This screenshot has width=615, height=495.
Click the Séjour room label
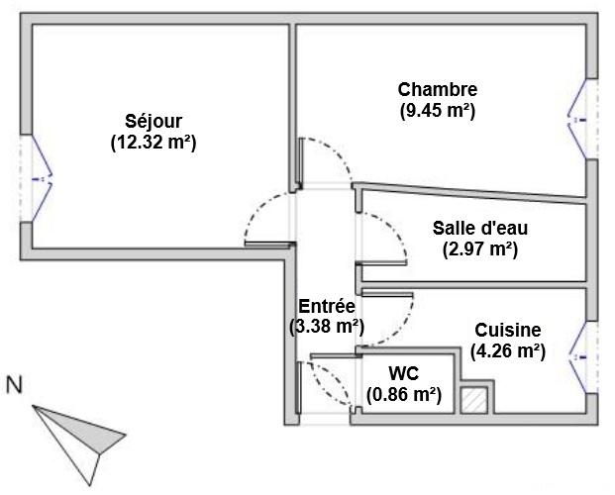click(x=154, y=122)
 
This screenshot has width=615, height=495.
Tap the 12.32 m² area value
click(x=154, y=142)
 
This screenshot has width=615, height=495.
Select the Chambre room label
click(x=438, y=90)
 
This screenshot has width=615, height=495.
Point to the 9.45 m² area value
click(x=438, y=110)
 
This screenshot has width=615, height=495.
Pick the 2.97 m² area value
click(x=479, y=247)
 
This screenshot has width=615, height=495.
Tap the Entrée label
click(x=327, y=306)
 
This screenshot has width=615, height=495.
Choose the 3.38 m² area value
click(x=327, y=325)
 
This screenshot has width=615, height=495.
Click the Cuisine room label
click(x=508, y=331)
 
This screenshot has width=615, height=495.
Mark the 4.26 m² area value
click(x=508, y=349)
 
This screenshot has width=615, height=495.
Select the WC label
click(x=403, y=373)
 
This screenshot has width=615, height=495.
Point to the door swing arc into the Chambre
click(x=332, y=158)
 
